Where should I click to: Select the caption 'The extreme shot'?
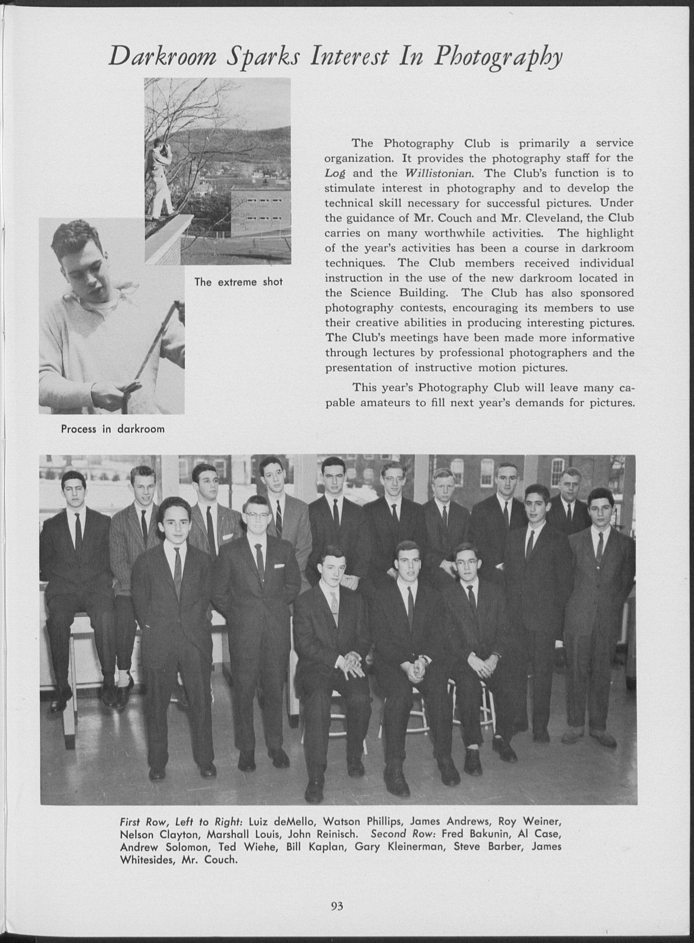(238, 282)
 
